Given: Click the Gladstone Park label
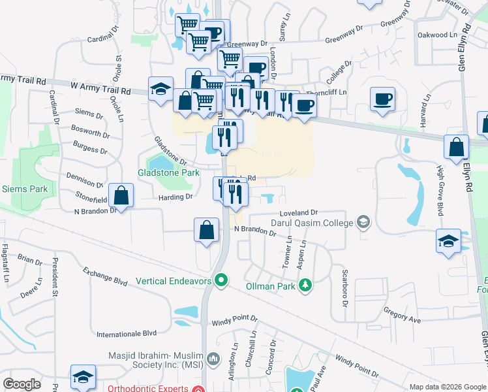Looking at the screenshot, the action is point(168,173).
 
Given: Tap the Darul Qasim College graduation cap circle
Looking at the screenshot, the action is point(363,223).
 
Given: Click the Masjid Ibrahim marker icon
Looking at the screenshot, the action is point(213,359).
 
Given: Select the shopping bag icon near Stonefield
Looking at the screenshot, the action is point(121,194).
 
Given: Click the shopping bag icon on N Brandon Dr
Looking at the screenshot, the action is point(206,230).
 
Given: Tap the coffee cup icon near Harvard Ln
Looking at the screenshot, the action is point(382,99).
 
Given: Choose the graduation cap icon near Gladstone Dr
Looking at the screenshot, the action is point(160,90).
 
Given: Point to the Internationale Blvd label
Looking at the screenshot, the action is point(127,334).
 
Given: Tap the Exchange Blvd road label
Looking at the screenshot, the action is point(104,282).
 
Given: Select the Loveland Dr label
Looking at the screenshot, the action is point(298,213).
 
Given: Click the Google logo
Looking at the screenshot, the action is point(22,384).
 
